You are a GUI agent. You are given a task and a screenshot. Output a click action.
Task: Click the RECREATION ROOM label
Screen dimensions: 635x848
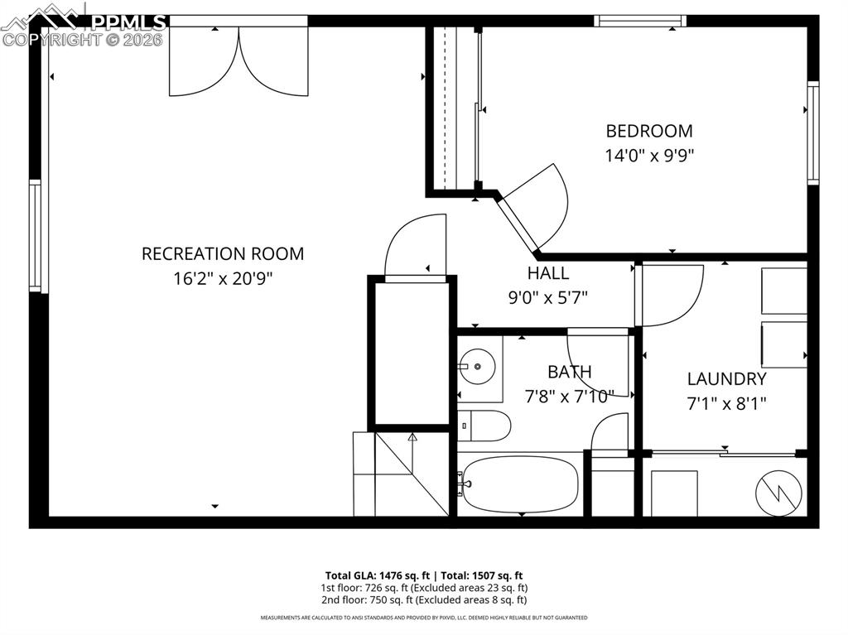click(x=222, y=253)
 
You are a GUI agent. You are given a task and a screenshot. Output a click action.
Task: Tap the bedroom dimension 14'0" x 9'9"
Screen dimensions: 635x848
click(x=649, y=155)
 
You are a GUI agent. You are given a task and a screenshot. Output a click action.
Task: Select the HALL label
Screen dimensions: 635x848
click(x=548, y=273)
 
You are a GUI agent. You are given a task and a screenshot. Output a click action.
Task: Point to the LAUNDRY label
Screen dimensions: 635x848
click(x=726, y=379)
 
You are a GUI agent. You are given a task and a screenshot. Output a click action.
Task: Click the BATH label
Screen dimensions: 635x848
click(x=569, y=373)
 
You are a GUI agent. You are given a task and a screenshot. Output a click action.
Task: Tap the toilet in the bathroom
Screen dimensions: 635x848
click(x=484, y=426)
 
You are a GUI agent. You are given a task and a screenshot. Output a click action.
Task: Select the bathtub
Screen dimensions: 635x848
click(x=520, y=483)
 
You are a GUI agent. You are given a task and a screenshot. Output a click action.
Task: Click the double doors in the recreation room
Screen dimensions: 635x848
click(x=239, y=62)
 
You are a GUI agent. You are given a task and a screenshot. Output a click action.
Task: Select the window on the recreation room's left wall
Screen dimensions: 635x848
click(x=35, y=236)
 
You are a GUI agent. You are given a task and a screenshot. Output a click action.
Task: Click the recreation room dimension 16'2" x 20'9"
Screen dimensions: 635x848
click(x=222, y=279)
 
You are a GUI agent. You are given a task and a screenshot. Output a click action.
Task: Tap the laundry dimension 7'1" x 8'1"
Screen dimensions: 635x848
click(x=726, y=404)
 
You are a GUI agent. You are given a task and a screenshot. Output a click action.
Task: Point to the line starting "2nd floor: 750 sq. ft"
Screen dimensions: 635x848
click(x=423, y=599)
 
